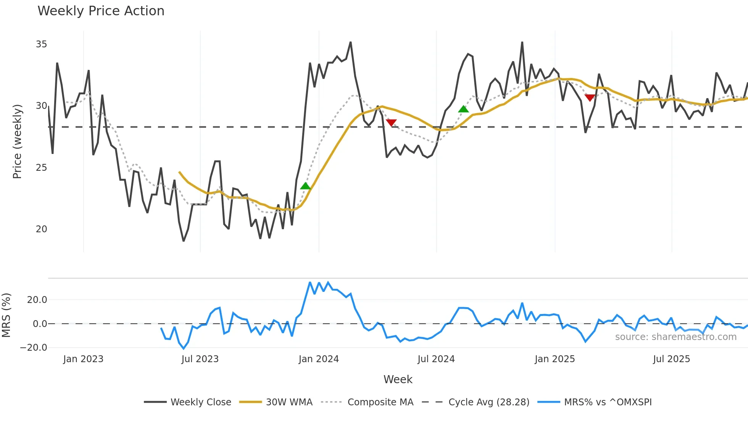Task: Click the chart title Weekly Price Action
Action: coord(101,11)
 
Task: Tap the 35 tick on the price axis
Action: coord(41,44)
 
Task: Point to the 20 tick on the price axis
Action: coord(41,229)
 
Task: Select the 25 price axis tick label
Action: coord(41,168)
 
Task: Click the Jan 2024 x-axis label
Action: coord(319,359)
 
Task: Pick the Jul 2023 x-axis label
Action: coord(200,359)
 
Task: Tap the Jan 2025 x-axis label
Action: coord(555,359)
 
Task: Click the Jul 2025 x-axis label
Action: coord(671,359)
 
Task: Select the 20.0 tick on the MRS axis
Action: coord(37,300)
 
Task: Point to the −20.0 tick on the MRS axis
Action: coord(34,348)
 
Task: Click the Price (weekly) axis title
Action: coord(17,141)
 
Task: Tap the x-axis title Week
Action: coord(398,379)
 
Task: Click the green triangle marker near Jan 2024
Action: coord(305,186)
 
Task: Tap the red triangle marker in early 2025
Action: coord(590,98)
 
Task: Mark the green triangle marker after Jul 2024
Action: coord(463,109)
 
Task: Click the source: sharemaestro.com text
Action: coord(675,337)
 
